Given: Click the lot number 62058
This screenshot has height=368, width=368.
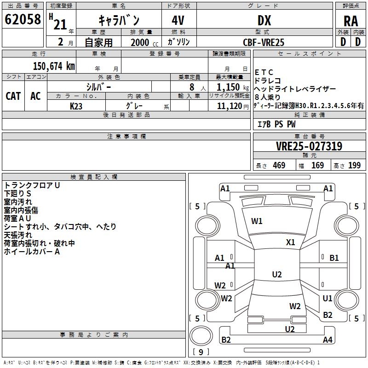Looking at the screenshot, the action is (x=23, y=19).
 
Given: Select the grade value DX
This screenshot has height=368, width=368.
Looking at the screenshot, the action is (x=264, y=20).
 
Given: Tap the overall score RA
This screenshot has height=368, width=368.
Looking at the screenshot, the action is (x=351, y=21).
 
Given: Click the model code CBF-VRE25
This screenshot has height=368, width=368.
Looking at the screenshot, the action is (x=264, y=42).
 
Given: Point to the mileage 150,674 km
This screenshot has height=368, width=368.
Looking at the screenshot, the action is (x=54, y=66).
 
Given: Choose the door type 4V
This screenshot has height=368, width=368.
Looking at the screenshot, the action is (x=178, y=20).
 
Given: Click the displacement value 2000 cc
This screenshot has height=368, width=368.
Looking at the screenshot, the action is (x=144, y=42).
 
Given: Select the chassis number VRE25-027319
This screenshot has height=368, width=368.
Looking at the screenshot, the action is (x=309, y=146).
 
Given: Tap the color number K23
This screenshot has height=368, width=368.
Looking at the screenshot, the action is (x=76, y=106).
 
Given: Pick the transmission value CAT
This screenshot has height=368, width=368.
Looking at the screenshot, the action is (x=13, y=96).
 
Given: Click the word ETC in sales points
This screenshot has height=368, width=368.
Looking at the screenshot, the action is (x=264, y=72).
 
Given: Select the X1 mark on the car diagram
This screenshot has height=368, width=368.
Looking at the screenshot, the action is (x=290, y=242).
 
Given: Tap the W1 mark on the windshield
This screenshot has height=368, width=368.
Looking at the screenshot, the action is (x=257, y=221).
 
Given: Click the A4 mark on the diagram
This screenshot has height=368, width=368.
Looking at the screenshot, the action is (x=328, y=339).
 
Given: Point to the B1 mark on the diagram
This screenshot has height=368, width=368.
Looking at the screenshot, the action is (x=334, y=258).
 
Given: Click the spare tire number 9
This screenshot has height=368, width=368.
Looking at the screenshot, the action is (x=201, y=352).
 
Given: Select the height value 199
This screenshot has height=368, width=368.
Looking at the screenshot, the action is (x=354, y=165).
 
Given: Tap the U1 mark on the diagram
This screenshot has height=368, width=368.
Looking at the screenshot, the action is (x=328, y=298).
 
